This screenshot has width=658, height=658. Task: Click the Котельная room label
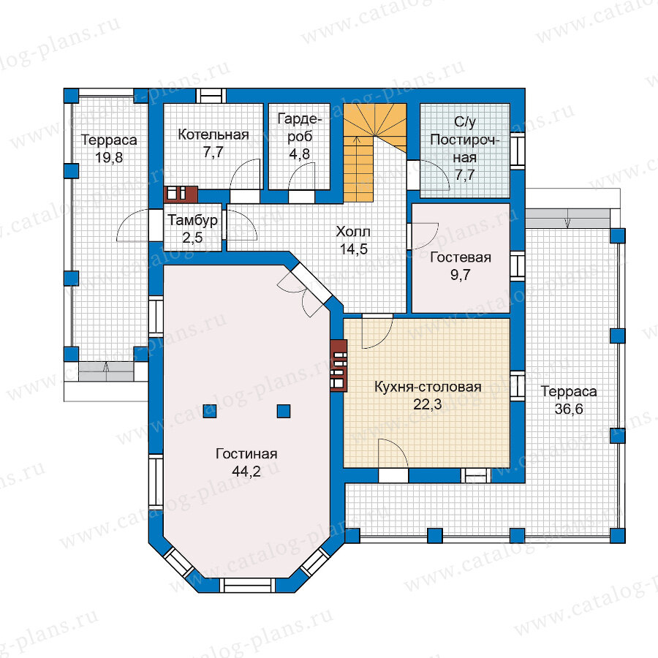[213, 135]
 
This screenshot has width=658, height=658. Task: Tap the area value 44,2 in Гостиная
[246, 472]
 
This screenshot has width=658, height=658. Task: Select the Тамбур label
[192, 220]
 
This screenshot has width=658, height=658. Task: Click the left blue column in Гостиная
[209, 411]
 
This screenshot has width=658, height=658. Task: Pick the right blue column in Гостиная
[284, 411]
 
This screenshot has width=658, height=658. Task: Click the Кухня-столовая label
[428, 387]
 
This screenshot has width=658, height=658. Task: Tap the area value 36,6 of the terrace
[569, 409]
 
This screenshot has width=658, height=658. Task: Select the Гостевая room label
[461, 257]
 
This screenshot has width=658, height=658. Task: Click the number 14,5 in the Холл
[353, 249]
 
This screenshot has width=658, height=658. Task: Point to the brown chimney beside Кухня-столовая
[339, 365]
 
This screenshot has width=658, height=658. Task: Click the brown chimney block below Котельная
[181, 194]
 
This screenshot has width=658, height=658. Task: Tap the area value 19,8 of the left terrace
[109, 157]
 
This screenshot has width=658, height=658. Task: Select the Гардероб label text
[300, 127]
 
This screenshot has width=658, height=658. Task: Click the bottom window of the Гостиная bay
[248, 585]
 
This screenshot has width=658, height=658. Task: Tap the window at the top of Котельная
[211, 96]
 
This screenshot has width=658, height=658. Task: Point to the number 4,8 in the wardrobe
[300, 154]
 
